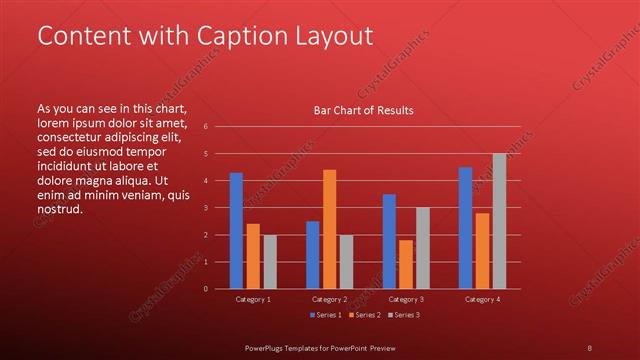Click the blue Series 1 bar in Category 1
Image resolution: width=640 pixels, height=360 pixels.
click(236, 231)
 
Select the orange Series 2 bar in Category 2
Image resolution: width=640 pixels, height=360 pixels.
click(329, 229)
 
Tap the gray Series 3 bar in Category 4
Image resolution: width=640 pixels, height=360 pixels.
click(499, 221)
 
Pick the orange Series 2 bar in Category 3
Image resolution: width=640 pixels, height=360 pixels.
click(406, 264)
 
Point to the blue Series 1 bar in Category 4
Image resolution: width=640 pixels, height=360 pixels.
click(465, 228)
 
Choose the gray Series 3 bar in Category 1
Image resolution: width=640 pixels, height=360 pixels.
click(270, 262)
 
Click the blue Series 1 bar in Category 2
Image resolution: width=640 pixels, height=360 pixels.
click(312, 255)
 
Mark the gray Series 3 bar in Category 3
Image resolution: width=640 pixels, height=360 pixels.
click(423, 248)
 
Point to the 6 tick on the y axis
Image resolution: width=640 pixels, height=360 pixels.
click(204, 127)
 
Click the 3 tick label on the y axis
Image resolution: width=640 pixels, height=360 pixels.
click(204, 208)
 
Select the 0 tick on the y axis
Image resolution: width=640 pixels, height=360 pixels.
click(204, 289)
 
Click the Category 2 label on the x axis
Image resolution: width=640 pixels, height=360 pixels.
click(329, 299)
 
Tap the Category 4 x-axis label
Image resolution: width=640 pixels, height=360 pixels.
click(482, 299)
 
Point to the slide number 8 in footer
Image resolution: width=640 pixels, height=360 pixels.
click(589, 346)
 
